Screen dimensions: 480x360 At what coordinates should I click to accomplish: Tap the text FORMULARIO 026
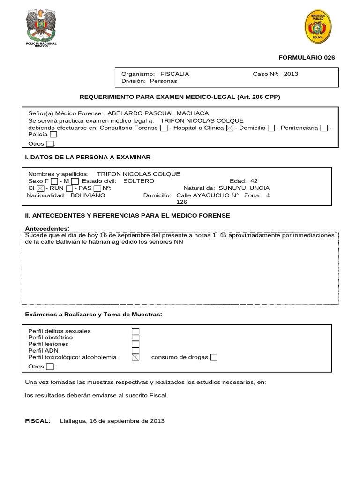[307, 58]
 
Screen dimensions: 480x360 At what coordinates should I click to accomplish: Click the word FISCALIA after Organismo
[175, 74]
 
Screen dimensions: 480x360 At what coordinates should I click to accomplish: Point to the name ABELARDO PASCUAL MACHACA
[158, 113]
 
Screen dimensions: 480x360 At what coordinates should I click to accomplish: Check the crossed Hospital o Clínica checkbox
[230, 128]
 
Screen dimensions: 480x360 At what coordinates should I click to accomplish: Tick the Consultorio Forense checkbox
[163, 128]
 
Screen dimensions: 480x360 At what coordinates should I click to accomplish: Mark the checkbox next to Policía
[53, 135]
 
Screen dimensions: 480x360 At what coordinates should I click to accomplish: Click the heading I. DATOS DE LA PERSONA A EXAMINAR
[88, 157]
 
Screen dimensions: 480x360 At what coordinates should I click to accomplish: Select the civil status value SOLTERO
[138, 181]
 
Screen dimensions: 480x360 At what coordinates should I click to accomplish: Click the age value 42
[254, 181]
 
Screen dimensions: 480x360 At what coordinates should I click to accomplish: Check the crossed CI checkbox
[40, 188]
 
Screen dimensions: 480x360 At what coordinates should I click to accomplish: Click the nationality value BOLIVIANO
[88, 195]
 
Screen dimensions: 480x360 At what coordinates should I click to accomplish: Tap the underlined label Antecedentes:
[47, 228]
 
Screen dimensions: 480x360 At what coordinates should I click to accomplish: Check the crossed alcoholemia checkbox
[135, 357]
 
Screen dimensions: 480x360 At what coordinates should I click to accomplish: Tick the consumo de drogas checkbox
[214, 357]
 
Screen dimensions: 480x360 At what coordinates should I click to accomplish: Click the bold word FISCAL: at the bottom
[37, 421]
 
